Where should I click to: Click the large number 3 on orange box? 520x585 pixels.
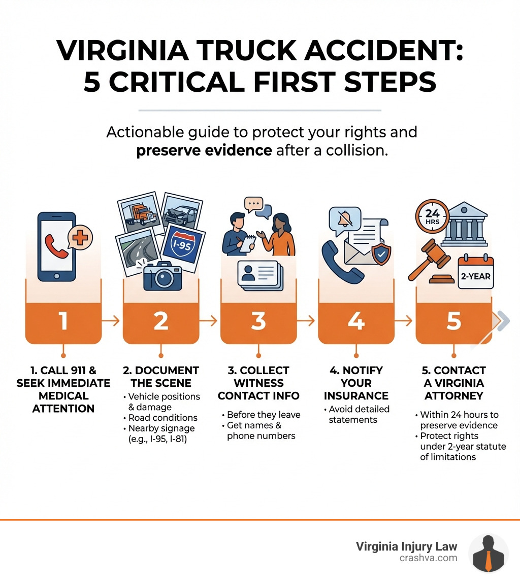[x=258, y=321]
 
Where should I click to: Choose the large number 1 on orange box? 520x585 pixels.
[x=63, y=321]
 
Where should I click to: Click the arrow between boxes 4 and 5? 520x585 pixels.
[x=404, y=321]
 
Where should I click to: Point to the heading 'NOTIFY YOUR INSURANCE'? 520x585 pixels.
[x=356, y=383]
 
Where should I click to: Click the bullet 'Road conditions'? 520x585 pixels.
[x=162, y=418]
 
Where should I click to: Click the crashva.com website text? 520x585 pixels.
[x=428, y=558]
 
